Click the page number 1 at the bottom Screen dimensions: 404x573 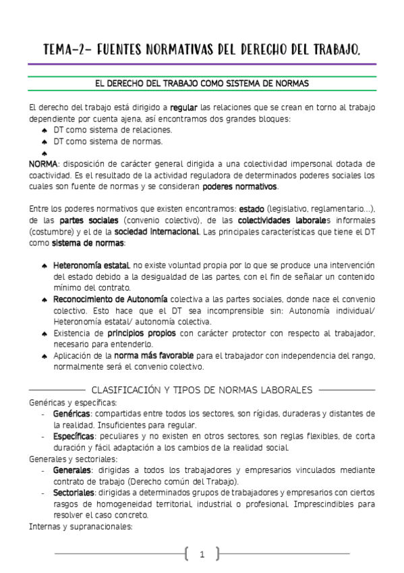click(202, 555)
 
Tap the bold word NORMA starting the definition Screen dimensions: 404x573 click(43, 164)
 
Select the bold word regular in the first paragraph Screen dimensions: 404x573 click(184, 107)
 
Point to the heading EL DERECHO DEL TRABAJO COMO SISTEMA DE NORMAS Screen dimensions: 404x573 click(202, 84)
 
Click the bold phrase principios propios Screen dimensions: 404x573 click(142, 333)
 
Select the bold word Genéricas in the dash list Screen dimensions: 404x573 click(72, 414)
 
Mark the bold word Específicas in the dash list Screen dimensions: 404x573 click(74, 437)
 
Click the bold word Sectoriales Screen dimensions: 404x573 click(74, 493)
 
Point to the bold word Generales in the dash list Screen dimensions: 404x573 click(72, 470)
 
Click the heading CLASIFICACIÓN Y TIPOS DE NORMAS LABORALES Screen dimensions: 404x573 click(202, 390)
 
